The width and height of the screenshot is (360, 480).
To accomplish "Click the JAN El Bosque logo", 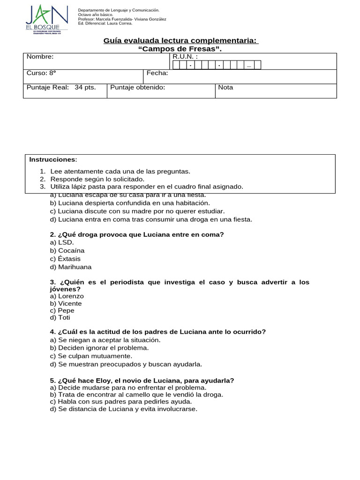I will (46, 19).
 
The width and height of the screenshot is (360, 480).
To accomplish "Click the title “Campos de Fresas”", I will (180, 49).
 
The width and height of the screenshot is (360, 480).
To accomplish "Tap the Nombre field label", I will (40, 57).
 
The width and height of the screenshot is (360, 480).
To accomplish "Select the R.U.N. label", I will (185, 57).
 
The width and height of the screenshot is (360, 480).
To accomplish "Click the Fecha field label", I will (157, 73).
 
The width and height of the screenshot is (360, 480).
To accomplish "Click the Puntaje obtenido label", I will (137, 87).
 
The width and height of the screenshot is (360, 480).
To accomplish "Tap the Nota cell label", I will (225, 87).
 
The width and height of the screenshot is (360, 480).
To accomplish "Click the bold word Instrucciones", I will (52, 159).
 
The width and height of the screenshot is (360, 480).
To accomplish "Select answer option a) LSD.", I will (62, 242).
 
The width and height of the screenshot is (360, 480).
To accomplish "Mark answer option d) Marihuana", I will (71, 267).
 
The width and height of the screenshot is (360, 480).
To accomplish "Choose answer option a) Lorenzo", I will (67, 296).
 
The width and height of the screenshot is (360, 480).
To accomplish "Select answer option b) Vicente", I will (66, 303).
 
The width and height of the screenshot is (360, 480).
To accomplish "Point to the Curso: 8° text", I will (41, 73).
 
